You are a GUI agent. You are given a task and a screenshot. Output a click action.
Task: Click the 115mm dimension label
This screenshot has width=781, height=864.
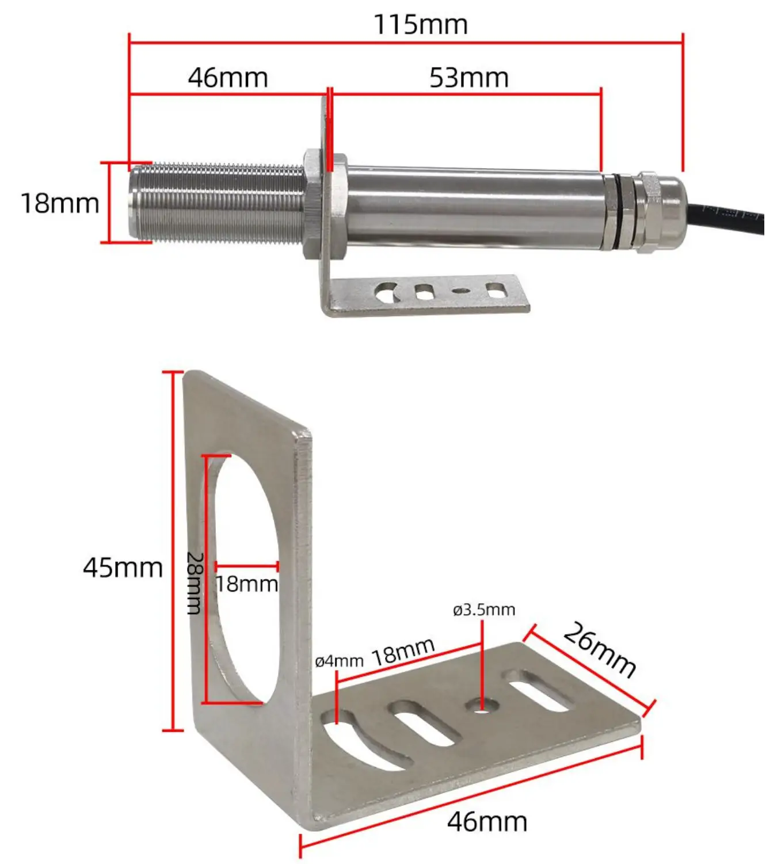pos(420,25)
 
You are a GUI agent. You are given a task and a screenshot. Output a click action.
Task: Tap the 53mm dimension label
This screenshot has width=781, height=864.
pos(468,78)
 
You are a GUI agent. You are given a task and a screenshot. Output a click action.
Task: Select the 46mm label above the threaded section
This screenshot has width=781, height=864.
pos(228,78)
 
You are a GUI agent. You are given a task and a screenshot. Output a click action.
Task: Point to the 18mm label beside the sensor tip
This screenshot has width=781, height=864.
pos(60,204)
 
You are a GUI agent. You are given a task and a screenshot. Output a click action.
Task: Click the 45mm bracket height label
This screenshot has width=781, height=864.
pos(123,568)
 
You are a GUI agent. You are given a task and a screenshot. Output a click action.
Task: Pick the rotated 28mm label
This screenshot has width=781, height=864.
pos(195,583)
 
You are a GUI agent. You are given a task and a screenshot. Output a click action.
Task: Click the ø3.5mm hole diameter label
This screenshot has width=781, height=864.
pos(483,610)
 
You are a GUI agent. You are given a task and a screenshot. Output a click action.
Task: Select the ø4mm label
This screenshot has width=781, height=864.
pos(339,661)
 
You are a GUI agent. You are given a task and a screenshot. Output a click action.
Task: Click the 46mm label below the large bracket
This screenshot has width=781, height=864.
pos(487,821)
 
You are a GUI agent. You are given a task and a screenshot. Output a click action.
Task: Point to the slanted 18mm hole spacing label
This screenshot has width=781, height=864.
pos(402,652)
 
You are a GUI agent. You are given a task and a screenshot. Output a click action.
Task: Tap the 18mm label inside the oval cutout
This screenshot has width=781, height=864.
pos(246,584)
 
